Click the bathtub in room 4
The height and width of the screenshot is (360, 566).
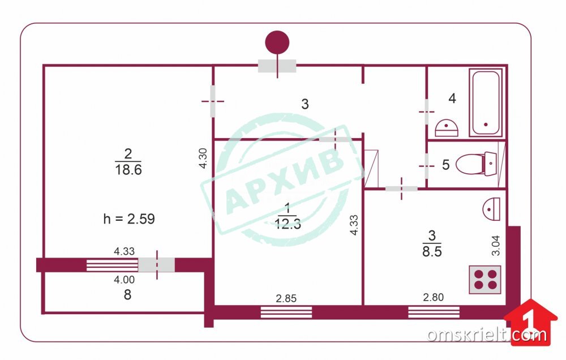[486, 103]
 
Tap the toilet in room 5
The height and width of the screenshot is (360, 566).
[477, 164]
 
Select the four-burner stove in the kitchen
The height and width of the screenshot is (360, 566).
[485, 280]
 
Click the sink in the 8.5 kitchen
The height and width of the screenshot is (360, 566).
[492, 209]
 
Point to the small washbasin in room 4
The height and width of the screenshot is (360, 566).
[447, 128]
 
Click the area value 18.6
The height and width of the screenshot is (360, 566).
[128, 169]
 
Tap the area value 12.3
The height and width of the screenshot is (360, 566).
[288, 224]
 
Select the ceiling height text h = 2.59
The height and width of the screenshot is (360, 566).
[129, 219]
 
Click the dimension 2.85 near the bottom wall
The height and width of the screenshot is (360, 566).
[286, 298]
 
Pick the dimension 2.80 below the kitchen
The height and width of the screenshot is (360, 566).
[433, 297]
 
